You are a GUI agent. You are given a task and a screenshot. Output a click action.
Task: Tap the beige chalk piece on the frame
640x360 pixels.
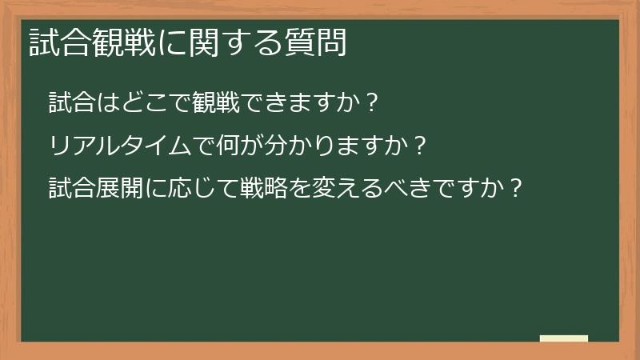[x=564, y=338]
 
